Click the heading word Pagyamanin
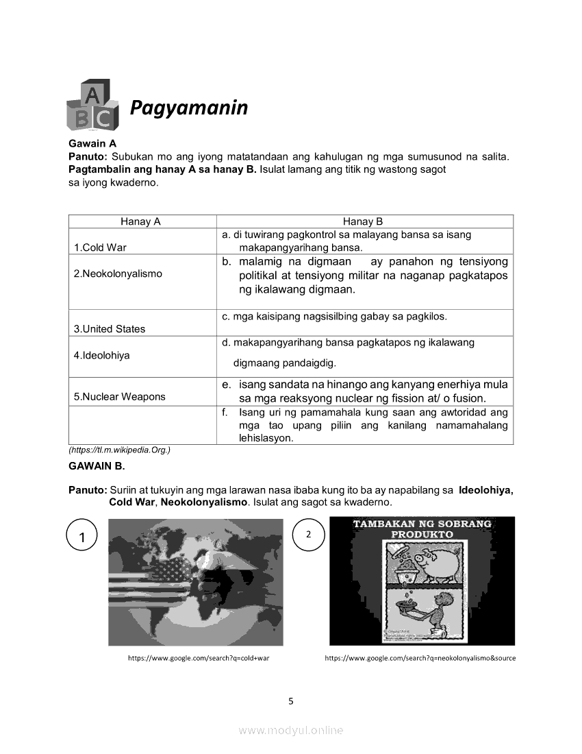tap(189, 108)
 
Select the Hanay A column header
tap(140, 221)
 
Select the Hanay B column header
tap(363, 221)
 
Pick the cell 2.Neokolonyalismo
tap(118, 273)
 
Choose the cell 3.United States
tap(110, 329)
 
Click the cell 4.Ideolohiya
tap(102, 356)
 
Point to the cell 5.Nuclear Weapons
tap(119, 397)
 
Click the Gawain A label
tap(92, 143)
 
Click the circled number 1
tap(82, 537)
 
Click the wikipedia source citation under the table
tap(119, 450)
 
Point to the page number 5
tap(291, 701)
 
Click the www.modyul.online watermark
tap(291, 731)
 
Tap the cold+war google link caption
tap(194, 658)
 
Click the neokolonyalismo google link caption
tap(420, 658)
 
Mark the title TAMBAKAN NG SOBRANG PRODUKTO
tap(422, 528)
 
